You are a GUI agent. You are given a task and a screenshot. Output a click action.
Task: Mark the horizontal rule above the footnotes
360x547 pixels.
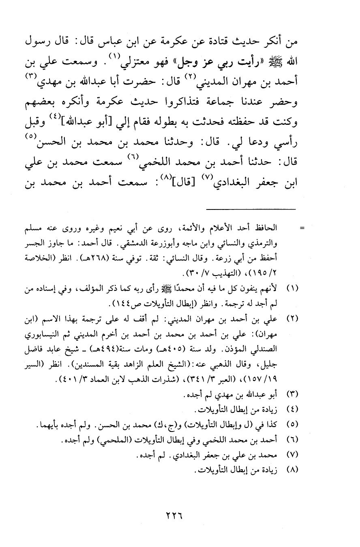(x=251, y=209)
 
